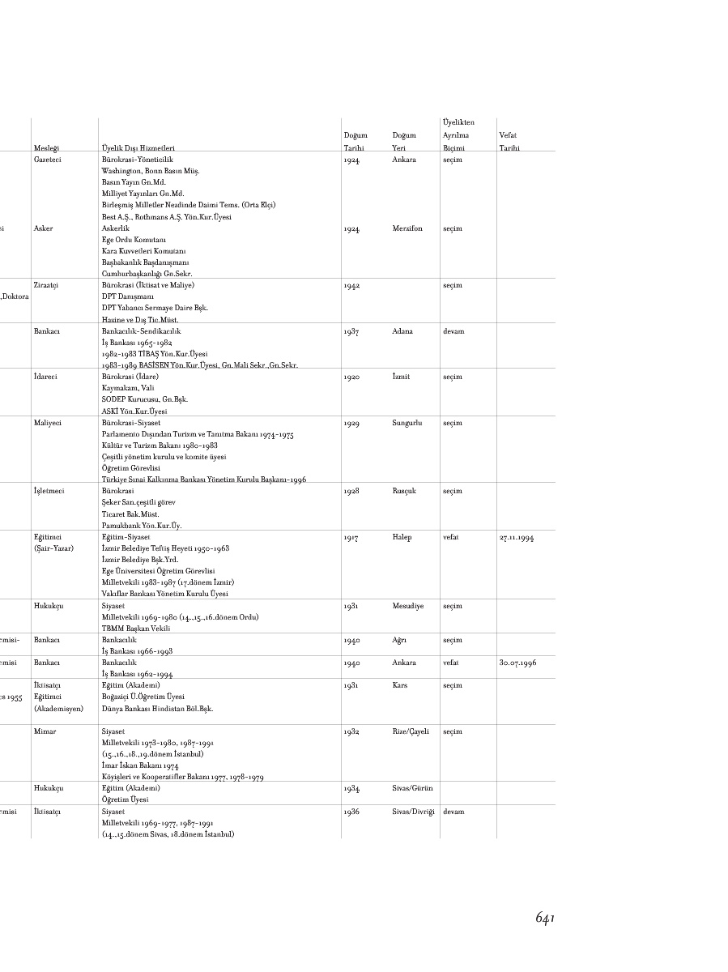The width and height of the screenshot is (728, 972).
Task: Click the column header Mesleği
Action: pos(46,148)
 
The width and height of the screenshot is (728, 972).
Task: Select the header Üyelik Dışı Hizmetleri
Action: pos(138,148)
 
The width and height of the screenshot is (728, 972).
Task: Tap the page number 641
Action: pos(544,917)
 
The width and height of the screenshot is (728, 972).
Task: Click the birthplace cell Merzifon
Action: pos(407,228)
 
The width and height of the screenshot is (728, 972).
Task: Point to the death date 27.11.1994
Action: pos(517,537)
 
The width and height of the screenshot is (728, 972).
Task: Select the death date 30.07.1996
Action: pos(517,663)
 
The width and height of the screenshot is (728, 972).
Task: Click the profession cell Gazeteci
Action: pos(49,160)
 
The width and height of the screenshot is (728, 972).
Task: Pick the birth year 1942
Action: pos(352,285)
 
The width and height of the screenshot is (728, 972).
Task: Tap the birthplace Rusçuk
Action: pos(404,491)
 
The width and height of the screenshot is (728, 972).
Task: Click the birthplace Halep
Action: pos(402,537)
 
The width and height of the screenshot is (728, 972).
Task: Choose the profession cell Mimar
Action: pos(45,731)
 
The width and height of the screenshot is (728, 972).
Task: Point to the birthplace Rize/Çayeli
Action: pos(411,731)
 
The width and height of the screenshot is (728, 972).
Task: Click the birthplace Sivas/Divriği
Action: pos(413,811)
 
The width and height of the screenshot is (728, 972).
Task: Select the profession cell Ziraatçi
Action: pos(48,285)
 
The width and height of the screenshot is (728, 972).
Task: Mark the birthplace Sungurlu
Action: pos(407,423)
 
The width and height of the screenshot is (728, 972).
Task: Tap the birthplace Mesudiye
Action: pos(408,605)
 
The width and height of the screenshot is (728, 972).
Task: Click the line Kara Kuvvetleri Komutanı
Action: pos(138,251)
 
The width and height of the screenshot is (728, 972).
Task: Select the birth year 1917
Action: pos(351,537)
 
